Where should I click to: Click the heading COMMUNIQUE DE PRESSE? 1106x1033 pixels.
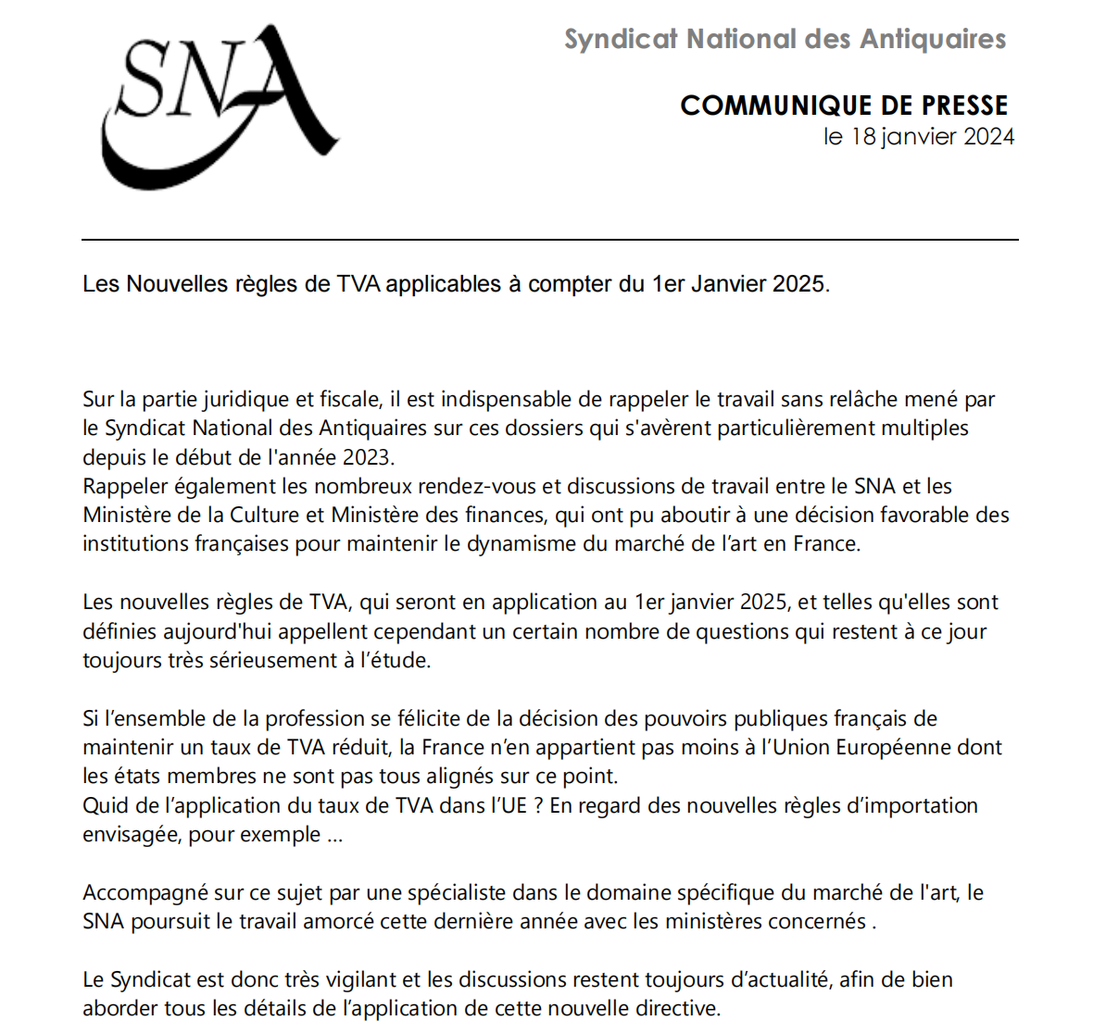844,106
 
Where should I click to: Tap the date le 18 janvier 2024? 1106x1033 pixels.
919,137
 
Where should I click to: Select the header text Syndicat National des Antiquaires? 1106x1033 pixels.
785,40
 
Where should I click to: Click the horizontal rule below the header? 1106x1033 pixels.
549,240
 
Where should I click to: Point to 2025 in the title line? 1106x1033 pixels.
798,284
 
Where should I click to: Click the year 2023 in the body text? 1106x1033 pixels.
368,457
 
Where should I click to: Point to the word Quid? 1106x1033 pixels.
102,805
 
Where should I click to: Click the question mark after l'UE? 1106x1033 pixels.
536,805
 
